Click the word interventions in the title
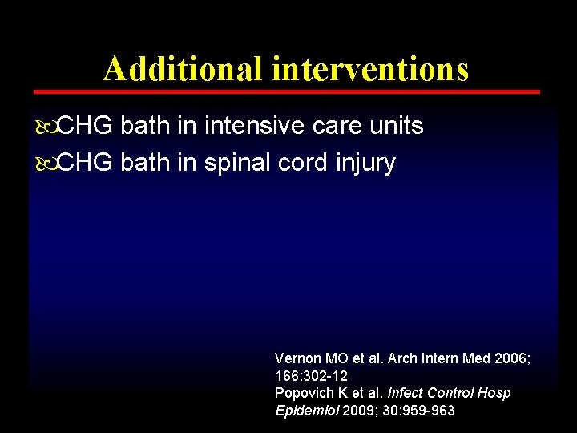[x=370, y=69]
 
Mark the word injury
[x=367, y=164]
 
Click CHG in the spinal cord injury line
[x=87, y=164]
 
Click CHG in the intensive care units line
[x=87, y=126]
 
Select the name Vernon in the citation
[x=296, y=358]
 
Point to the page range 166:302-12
[x=311, y=375]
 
